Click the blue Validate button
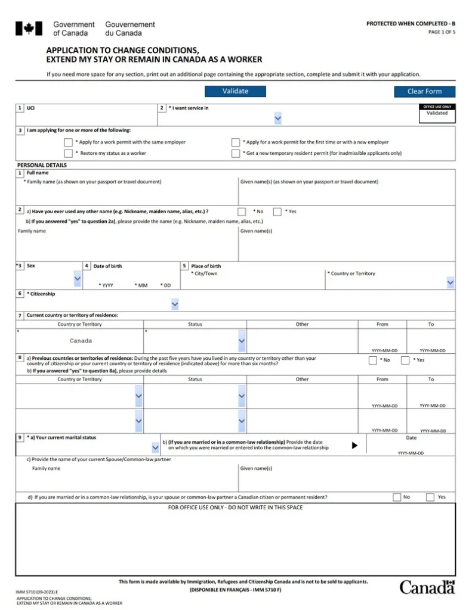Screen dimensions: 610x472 click(235, 91)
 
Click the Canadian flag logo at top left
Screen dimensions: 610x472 click(29, 29)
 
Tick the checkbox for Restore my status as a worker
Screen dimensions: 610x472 click(68, 154)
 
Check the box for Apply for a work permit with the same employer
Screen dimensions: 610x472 click(68, 142)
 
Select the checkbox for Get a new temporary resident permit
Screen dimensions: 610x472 click(236, 154)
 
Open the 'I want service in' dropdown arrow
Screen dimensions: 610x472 click(278, 119)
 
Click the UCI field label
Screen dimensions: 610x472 click(31, 108)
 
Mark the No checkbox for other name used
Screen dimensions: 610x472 click(242, 211)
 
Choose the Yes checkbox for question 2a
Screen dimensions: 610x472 click(277, 211)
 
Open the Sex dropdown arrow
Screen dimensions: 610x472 click(78, 278)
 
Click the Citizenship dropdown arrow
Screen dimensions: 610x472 click(175, 304)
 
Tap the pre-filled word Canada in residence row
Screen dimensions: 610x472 click(81, 341)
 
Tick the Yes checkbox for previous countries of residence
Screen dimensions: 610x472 click(405, 360)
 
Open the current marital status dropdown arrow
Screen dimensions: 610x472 click(156, 446)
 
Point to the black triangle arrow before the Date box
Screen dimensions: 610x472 click(354, 446)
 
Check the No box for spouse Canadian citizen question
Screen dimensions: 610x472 click(397, 497)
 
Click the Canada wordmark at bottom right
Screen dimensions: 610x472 click(427, 587)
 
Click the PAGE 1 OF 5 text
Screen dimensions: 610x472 click(442, 32)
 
